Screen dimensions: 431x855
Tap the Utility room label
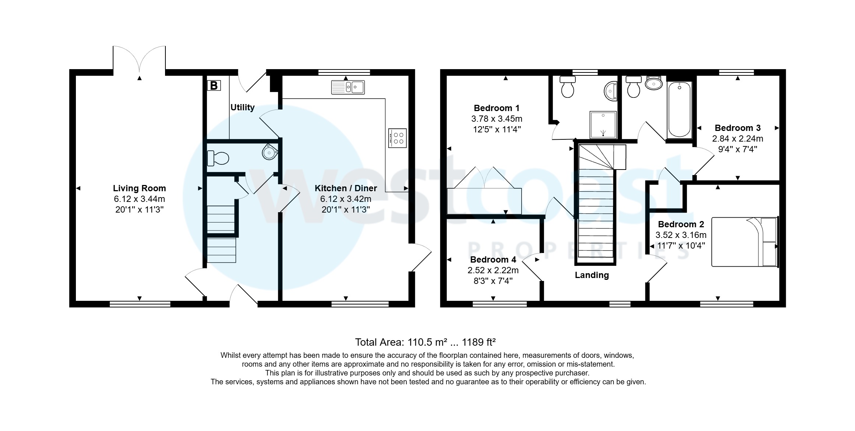point(242,107)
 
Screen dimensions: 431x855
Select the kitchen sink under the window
point(348,87)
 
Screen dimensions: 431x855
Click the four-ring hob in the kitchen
point(397,138)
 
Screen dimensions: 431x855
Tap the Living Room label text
point(139,188)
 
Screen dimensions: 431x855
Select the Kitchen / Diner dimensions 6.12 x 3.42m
point(346,199)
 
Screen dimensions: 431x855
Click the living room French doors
point(139,59)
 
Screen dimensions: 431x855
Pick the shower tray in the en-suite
point(603,125)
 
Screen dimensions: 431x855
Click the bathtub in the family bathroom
point(679,110)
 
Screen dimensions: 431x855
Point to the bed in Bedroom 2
point(744,242)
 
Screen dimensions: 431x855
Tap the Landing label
point(592,275)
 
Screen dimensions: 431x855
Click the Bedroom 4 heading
point(493,260)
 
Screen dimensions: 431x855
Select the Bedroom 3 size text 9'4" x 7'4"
point(737,149)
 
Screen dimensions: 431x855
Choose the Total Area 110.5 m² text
point(425,342)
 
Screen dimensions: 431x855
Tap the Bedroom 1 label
point(497,108)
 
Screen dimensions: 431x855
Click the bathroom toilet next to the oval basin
point(633,87)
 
